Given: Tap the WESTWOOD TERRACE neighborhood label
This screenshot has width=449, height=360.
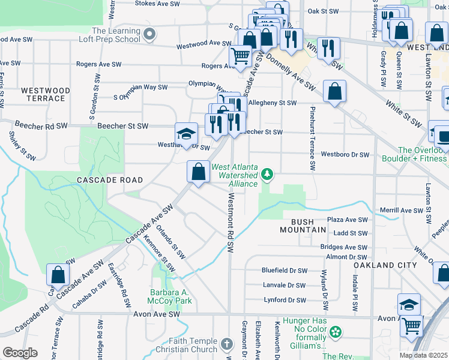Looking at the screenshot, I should [46, 95].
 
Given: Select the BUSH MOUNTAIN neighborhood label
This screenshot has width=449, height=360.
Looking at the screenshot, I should [304, 226].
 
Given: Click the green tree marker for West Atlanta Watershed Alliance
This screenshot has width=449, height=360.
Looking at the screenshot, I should [268, 175].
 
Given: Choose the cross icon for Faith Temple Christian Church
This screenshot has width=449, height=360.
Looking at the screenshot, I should [226, 344].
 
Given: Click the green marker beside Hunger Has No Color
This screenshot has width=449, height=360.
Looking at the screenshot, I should [336, 331].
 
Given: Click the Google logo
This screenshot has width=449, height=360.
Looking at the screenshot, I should [20, 353].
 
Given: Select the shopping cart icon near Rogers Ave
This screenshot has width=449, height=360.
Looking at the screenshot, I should [241, 56].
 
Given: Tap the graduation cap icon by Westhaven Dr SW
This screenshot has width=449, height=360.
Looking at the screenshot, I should [187, 133].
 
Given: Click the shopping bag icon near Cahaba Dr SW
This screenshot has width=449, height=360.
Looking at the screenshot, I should [58, 275].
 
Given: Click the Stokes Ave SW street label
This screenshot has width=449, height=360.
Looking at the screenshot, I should [157, 3].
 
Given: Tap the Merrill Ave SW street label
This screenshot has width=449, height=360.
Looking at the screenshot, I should [402, 211].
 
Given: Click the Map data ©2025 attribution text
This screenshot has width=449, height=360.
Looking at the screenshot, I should [423, 355].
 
